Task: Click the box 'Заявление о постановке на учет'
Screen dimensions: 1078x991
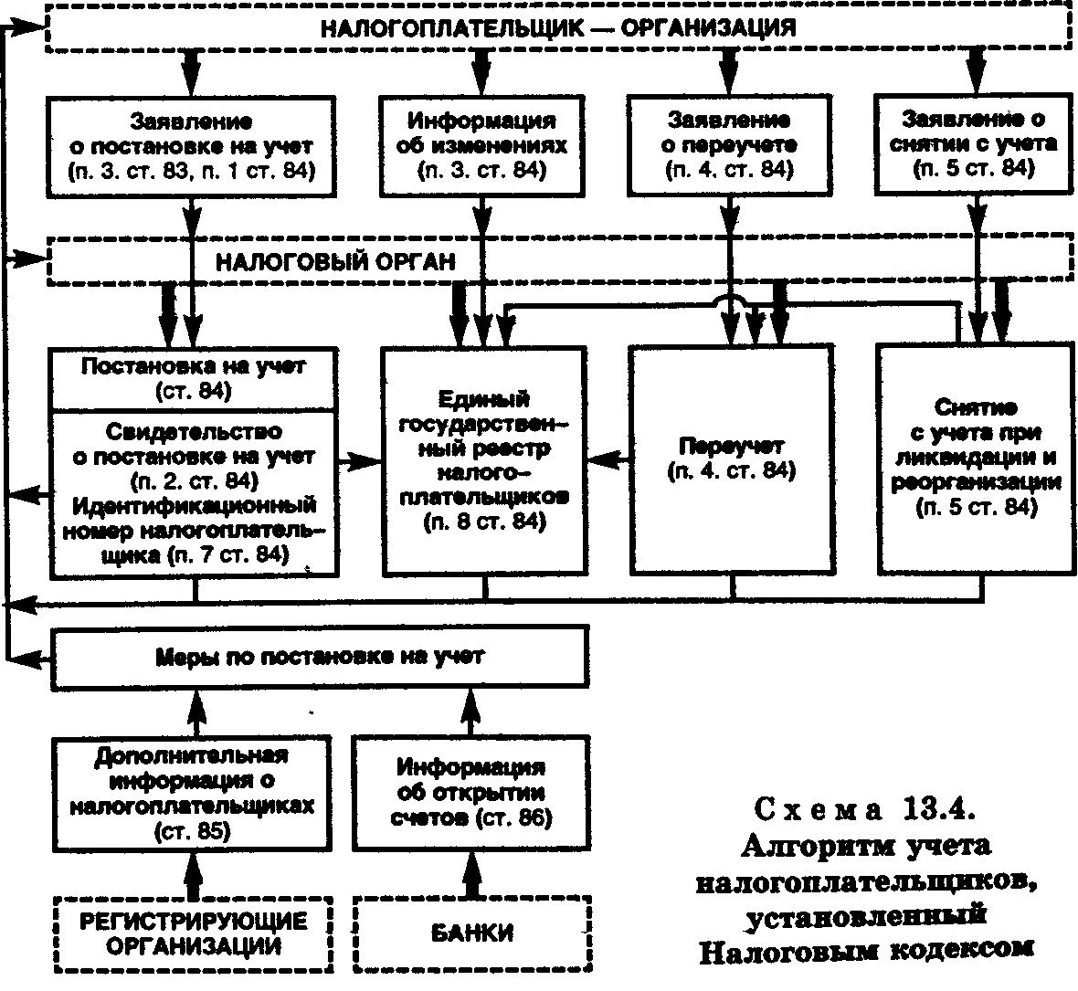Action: coord(191,146)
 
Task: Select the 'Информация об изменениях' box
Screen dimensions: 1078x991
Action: coord(482,146)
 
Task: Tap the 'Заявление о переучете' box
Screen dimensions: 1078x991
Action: coord(729,145)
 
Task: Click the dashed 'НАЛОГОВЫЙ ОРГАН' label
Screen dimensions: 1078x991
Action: coord(335,262)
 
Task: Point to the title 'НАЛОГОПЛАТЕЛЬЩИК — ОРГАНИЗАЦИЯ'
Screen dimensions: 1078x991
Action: coord(558,28)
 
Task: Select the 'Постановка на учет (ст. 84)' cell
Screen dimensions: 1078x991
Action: coord(193,378)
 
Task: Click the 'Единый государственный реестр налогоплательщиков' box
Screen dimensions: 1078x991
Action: coord(484,460)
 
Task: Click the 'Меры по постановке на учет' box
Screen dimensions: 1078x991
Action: coord(320,657)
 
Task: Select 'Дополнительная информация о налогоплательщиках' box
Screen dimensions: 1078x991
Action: coord(192,794)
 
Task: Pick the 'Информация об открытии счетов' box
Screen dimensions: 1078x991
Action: coord(470,793)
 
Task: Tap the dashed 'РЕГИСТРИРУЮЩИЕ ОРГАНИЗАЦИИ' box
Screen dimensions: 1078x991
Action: coord(193,934)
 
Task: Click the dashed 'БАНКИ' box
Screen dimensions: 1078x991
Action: coord(472,933)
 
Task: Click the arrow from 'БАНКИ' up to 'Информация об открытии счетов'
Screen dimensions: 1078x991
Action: coord(471,873)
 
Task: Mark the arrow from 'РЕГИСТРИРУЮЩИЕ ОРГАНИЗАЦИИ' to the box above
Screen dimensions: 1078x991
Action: coord(195,874)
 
